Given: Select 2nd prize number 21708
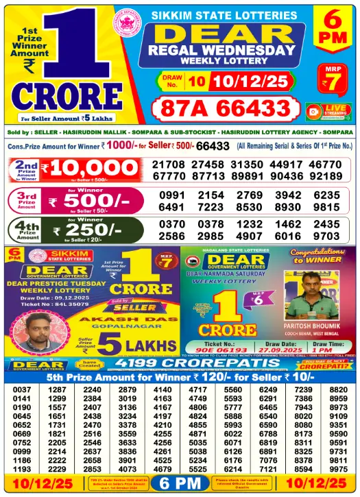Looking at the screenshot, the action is (x=169, y=165).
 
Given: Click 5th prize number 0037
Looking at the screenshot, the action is (x=22, y=390).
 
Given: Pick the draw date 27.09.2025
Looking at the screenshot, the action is (x=267, y=350).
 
